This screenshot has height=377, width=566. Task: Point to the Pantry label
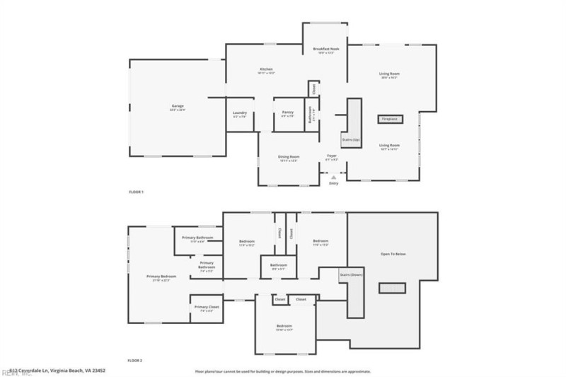coord(287,112)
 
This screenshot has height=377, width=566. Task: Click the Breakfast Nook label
coord(326,49)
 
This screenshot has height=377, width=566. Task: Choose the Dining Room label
coord(289,157)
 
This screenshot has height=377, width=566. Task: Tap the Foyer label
coord(331,156)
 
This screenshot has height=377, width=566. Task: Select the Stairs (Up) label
coord(352,140)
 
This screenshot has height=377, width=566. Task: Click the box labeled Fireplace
coord(390,120)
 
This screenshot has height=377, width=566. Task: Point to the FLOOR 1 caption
coord(136,192)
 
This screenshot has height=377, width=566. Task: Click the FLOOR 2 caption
coord(136,361)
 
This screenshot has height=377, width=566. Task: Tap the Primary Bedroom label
coord(161,277)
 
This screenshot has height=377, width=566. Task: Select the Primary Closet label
coord(207,307)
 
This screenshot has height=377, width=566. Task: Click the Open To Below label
coord(393,254)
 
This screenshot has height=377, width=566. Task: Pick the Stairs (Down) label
coord(352,274)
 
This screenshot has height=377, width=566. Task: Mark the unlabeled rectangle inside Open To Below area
coord(392,288)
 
